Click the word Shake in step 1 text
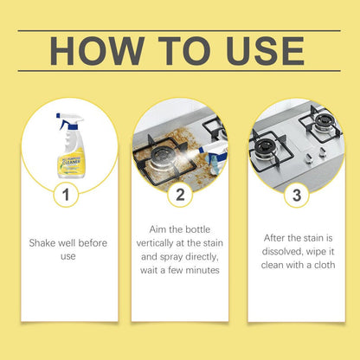[x=45, y=243]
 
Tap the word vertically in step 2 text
[x=164, y=244]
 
